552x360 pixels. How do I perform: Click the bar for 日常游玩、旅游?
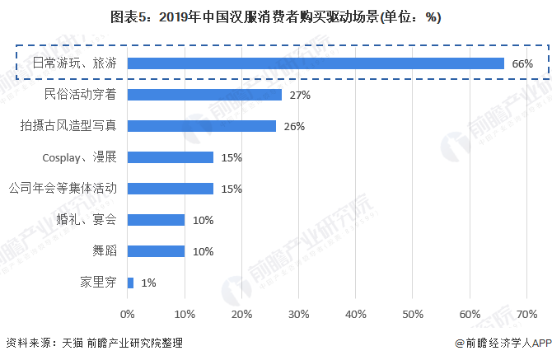pyautogui.click(x=316, y=63)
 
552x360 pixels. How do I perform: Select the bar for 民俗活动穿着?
pyautogui.click(x=204, y=95)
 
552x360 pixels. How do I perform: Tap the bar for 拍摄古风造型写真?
pyautogui.click(x=202, y=126)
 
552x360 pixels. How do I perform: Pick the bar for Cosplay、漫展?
pyautogui.click(x=171, y=157)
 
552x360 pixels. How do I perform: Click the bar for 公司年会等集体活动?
pyautogui.click(x=171, y=189)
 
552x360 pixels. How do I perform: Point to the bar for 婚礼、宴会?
pyautogui.click(x=156, y=220)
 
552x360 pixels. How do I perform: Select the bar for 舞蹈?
pyautogui.click(x=156, y=251)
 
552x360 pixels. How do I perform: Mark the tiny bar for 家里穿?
pyautogui.click(x=130, y=283)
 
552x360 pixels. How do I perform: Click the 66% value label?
pyautogui.click(x=522, y=63)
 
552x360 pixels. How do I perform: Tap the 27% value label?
pyautogui.click(x=300, y=95)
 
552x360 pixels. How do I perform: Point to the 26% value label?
pyautogui.click(x=294, y=126)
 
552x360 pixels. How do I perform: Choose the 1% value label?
pyautogui.click(x=148, y=283)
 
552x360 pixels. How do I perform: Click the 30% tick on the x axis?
pyautogui.click(x=299, y=314)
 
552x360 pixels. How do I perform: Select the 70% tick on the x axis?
pyautogui.click(x=527, y=314)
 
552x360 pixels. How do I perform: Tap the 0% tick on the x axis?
pyautogui.click(x=128, y=314)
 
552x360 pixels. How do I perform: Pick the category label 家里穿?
pyautogui.click(x=99, y=283)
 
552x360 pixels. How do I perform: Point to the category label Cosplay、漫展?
pyautogui.click(x=79, y=157)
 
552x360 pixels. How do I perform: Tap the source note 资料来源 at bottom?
pyautogui.click(x=92, y=343)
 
